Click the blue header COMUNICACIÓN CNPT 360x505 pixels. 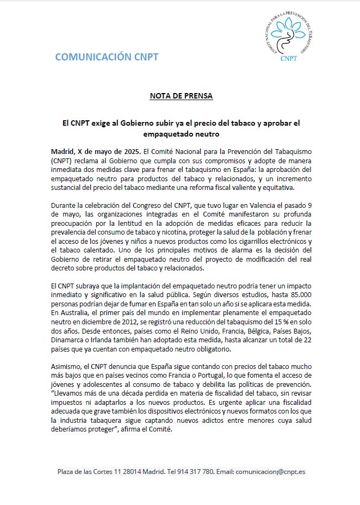pyautogui.click(x=107, y=57)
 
